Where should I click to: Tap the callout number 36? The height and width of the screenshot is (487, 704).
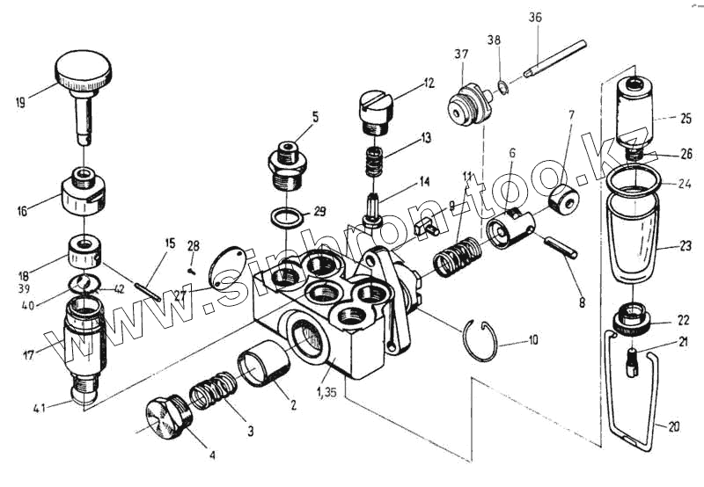pyautogui.click(x=536, y=18)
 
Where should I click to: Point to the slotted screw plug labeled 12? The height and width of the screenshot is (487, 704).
pyautogui.click(x=376, y=111)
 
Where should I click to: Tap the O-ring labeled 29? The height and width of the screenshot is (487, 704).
pyautogui.click(x=283, y=216)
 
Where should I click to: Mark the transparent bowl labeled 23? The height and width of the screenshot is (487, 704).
pyautogui.click(x=632, y=237)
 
